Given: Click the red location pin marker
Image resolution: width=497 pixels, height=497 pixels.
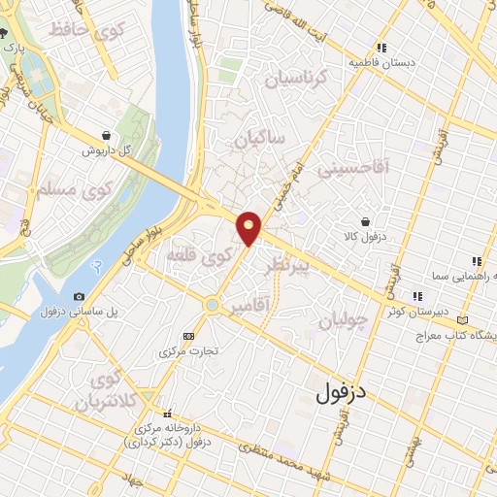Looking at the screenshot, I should pos(249,226).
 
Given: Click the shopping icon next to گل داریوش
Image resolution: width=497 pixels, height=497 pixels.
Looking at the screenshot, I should pos(105,136).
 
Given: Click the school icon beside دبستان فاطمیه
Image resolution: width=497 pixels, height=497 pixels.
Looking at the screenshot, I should pos(382,47).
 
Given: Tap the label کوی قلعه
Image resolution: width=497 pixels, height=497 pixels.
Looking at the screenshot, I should pos(200,256).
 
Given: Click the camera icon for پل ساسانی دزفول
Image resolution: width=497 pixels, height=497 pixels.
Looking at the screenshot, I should pos(79,296).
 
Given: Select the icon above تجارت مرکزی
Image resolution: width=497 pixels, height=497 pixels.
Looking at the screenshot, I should pos(187,336).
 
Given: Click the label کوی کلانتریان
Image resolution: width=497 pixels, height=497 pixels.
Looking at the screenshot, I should pos(109,387).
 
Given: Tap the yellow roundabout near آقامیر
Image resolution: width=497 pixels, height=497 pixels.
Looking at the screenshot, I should pos(212,305).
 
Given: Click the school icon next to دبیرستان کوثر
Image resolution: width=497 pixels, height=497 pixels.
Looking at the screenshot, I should pos(416,296).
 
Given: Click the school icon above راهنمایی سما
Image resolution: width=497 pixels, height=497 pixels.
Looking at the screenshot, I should pos(475,261).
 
